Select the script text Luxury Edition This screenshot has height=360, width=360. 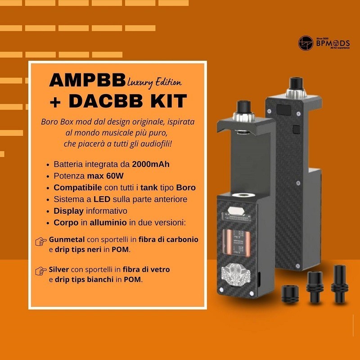(x=154, y=82)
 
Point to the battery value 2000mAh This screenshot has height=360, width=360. (x=151, y=164)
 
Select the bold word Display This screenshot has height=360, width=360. (x=68, y=211)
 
